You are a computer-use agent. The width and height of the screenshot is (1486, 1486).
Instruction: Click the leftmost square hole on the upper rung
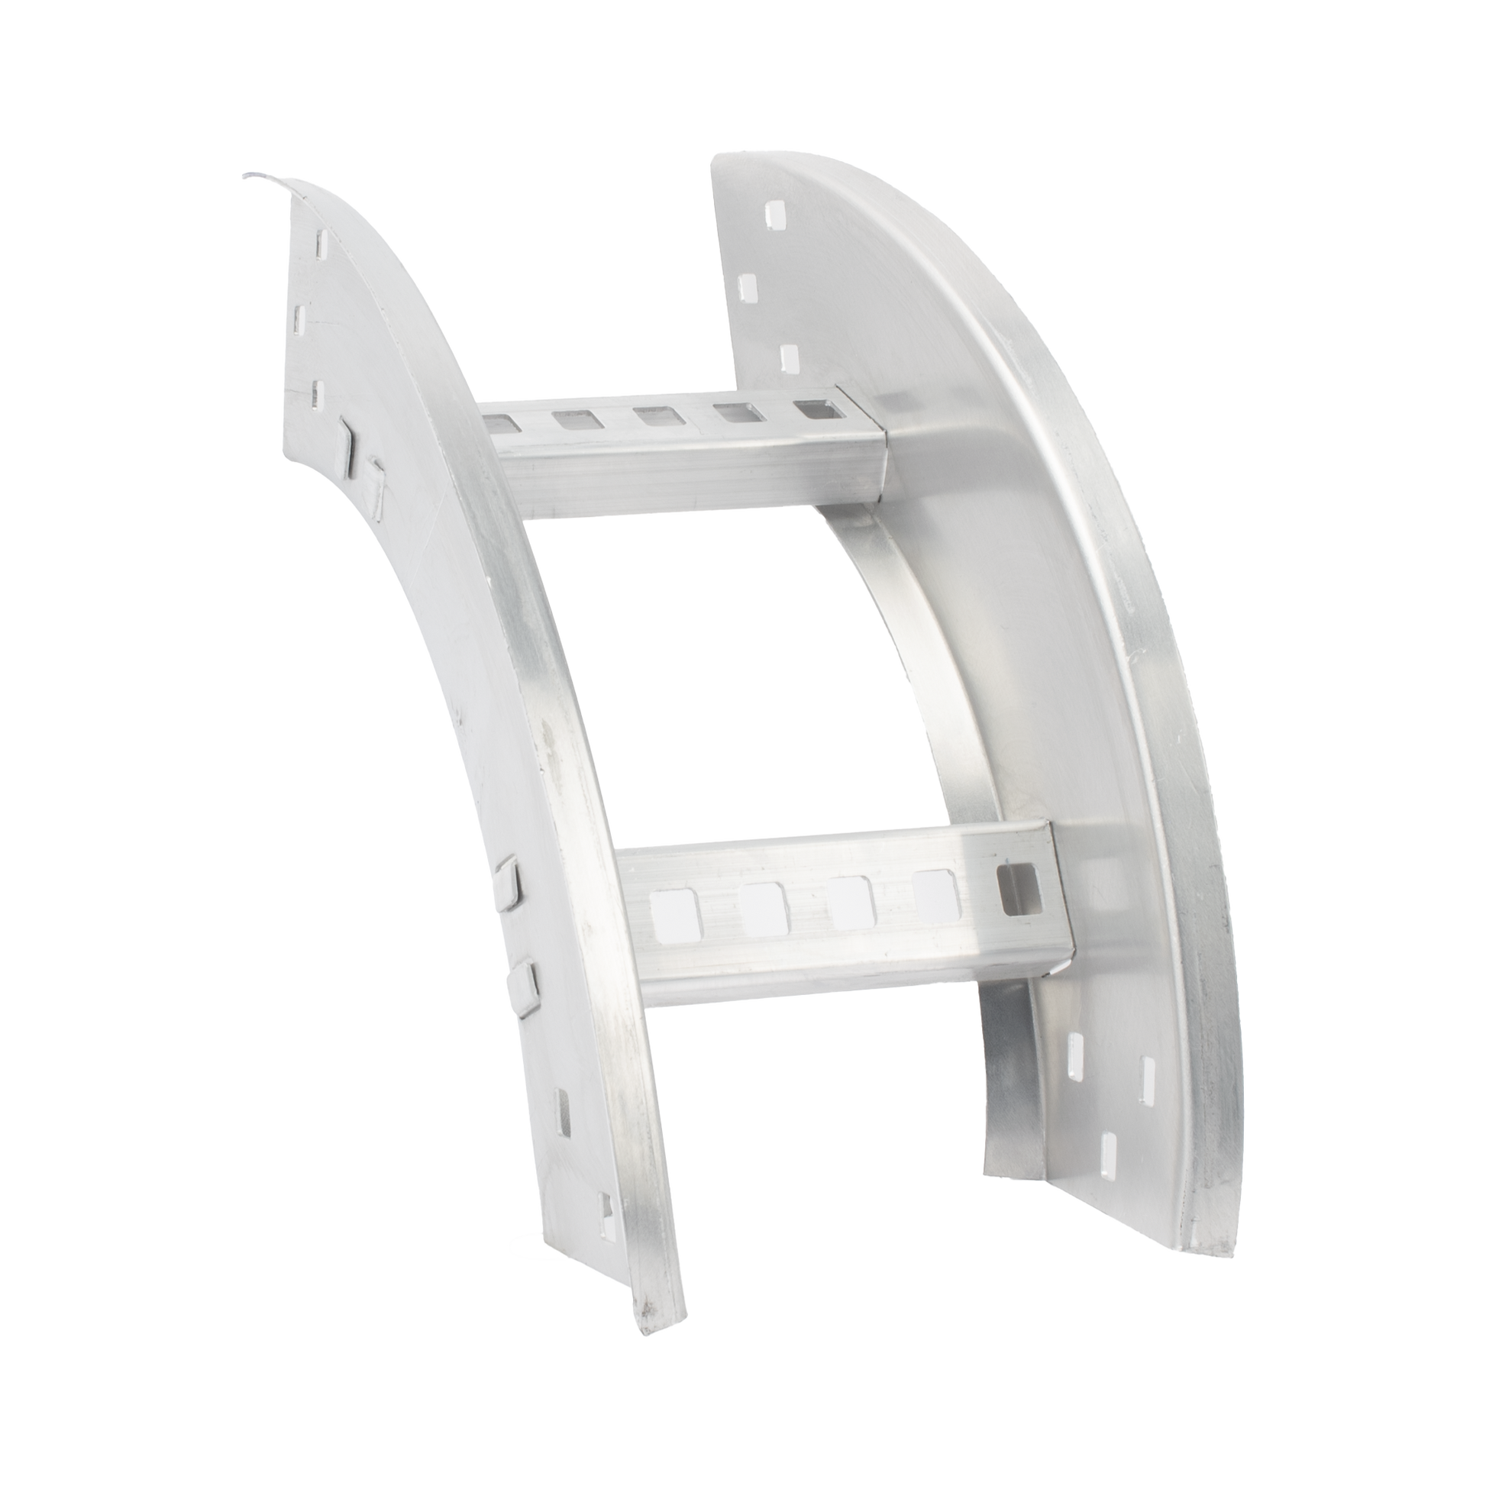[503, 422]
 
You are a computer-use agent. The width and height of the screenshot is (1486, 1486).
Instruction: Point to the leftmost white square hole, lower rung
[674, 912]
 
